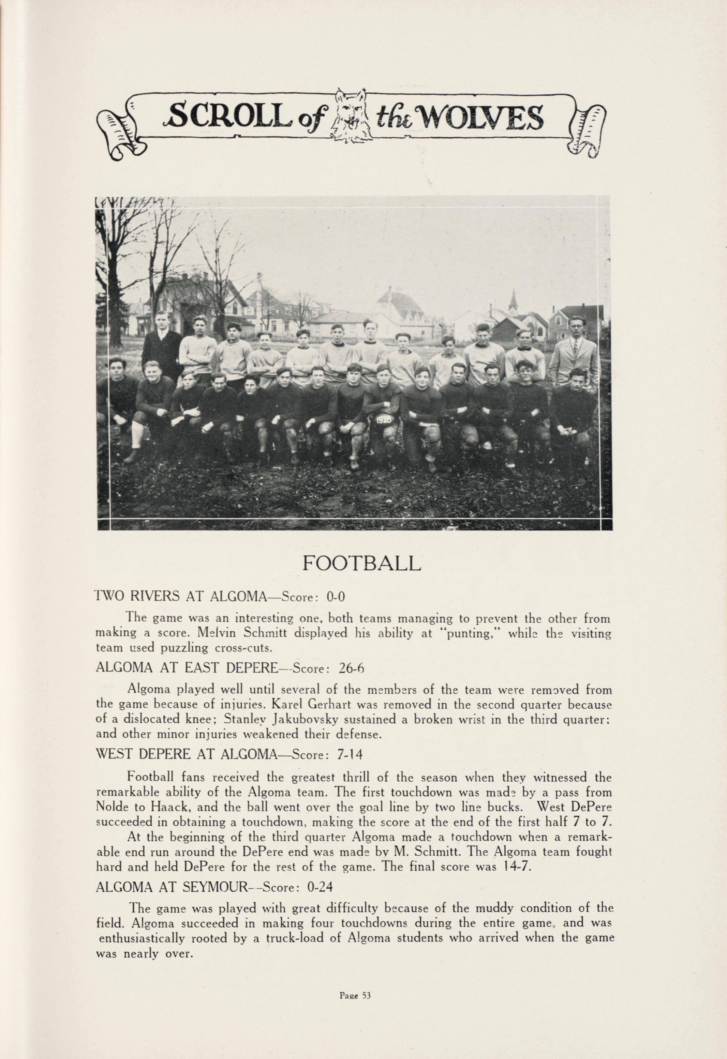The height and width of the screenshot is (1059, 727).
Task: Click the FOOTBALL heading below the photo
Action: pos(361,564)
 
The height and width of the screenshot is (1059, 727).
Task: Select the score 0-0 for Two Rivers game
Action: pos(335,597)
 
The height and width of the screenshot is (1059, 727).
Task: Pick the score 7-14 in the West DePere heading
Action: pos(350,755)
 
